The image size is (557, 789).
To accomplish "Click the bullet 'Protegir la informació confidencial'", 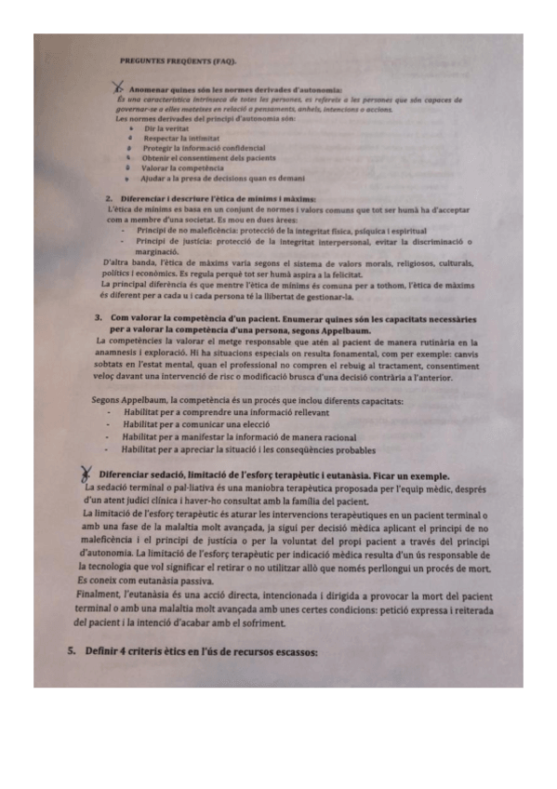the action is coord(203,148).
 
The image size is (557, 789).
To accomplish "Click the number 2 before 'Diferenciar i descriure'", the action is coord(109,198).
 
